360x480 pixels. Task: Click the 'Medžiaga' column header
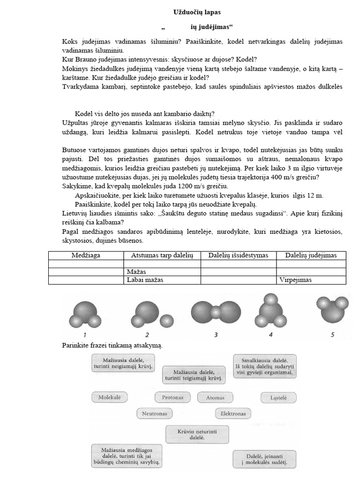[x=86, y=255]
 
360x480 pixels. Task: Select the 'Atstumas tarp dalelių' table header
[x=162, y=255]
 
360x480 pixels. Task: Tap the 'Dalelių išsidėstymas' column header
[x=238, y=255]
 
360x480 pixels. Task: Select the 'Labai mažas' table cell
[x=145, y=280]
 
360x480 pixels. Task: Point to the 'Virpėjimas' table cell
[x=296, y=280]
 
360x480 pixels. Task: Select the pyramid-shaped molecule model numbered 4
[x=271, y=312]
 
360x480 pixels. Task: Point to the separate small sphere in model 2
[x=166, y=321]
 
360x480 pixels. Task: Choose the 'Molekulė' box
[x=110, y=397]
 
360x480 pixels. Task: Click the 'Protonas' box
[x=172, y=397]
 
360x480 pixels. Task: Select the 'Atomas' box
[x=216, y=397]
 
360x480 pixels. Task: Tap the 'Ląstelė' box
[x=278, y=397]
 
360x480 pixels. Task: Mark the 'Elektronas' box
[x=233, y=414]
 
